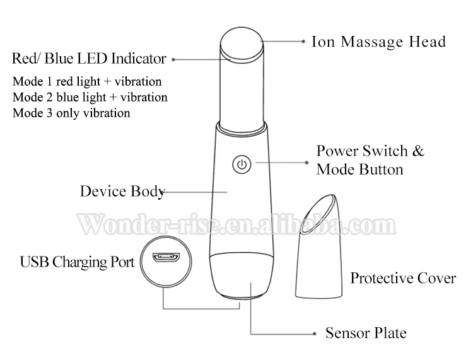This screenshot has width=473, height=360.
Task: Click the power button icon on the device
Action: click(x=243, y=165)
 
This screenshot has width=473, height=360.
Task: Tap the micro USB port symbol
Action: click(x=165, y=258)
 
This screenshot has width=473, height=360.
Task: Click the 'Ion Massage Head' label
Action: click(x=378, y=42)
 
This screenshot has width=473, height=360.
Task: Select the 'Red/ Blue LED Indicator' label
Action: click(x=89, y=59)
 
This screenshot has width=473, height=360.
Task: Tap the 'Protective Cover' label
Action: click(x=403, y=277)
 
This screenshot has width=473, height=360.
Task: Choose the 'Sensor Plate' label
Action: click(x=366, y=332)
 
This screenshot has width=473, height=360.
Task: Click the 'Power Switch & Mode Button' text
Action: click(x=370, y=160)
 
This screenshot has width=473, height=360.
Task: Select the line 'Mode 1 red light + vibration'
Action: click(x=87, y=81)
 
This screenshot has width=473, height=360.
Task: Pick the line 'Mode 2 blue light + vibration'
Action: click(x=90, y=97)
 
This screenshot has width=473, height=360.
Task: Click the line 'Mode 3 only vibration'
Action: click(x=71, y=113)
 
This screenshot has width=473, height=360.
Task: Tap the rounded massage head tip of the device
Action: click(x=243, y=45)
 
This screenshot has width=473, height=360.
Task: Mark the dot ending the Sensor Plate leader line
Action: click(x=312, y=332)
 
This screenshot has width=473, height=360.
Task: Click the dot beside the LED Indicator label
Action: click(x=173, y=60)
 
